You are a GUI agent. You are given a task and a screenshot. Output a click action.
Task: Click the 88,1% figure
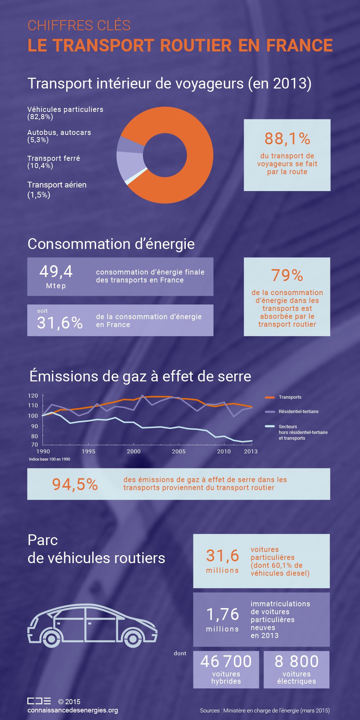point(287,139)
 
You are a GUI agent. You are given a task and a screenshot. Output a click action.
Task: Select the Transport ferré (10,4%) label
point(54,162)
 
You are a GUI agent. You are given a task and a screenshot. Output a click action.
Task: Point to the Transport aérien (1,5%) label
point(57,190)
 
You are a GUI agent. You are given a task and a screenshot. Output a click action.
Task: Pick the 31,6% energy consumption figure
point(60,322)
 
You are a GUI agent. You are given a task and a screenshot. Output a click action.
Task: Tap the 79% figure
point(287,275)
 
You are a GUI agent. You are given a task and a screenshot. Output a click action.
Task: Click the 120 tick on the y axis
point(33,395)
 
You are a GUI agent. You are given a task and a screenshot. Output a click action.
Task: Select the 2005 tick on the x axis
point(179,451)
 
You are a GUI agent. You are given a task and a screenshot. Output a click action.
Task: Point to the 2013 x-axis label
point(251,451)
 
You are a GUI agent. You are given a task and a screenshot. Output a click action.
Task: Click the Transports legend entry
point(290,397)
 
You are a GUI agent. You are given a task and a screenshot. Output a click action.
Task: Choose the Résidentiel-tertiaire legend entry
point(298,412)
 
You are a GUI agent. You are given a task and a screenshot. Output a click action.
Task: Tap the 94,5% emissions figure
point(75,484)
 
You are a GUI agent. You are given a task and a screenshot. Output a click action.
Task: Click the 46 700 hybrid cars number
point(226,661)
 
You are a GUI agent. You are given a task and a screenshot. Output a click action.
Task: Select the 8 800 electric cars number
point(296,661)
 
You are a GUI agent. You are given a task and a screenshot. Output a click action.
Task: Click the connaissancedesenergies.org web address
point(73,710)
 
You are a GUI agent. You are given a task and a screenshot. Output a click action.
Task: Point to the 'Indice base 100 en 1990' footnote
point(50,459)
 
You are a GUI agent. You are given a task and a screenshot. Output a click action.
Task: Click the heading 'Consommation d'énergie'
point(111,244)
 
